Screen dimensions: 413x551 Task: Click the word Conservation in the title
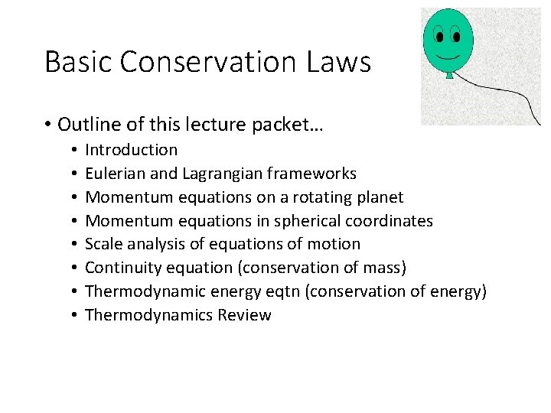[208, 62]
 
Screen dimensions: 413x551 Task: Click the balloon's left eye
[440, 35]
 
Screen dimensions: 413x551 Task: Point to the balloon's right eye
[456, 35]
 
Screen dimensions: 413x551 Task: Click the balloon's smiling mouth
[448, 55]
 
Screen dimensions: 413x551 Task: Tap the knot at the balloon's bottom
[449, 76]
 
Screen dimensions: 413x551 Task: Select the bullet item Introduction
[131, 150]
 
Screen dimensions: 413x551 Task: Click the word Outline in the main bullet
[88, 124]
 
